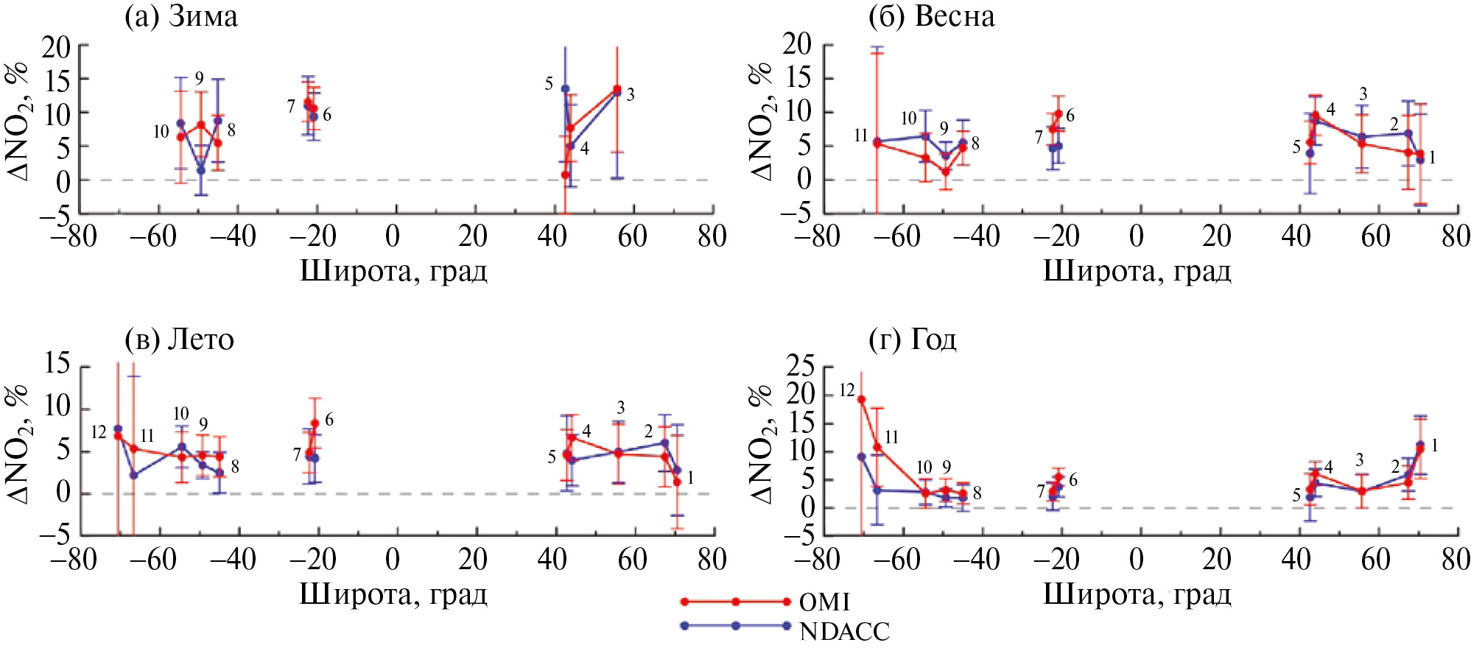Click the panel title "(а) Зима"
tap(181, 16)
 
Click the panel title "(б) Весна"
tap(932, 16)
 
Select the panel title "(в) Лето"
tap(180, 339)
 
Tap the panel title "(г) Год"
tap(913, 339)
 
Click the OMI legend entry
tap(824, 602)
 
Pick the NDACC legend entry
tap(844, 631)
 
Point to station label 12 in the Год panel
tap(847, 390)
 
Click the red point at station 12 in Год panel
tap(861, 400)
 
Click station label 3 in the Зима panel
tap(631, 94)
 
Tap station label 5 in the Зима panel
tap(549, 84)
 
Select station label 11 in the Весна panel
tap(861, 135)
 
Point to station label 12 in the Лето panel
tap(99, 432)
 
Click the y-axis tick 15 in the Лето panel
tap(57, 363)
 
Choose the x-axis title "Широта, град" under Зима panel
tap(393, 272)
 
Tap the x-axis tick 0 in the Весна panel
tap(1137, 237)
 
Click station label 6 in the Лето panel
tap(329, 420)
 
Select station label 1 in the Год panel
tap(1434, 445)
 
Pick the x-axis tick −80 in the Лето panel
tap(74, 560)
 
